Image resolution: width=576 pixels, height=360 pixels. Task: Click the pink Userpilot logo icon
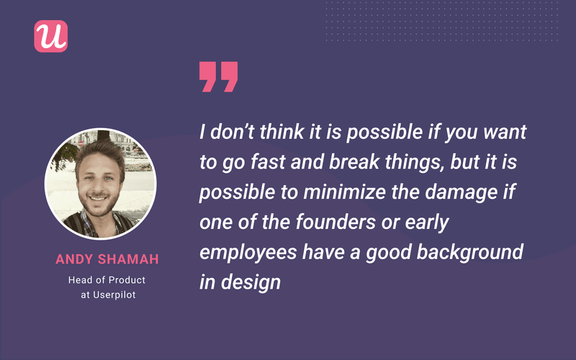click(50, 35)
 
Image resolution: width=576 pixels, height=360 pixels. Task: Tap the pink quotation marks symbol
click(218, 76)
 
